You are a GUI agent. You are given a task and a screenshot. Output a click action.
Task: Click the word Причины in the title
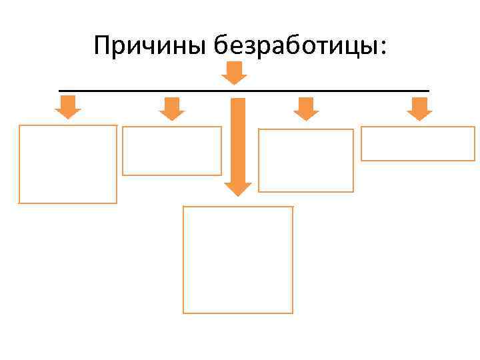(x=151, y=46)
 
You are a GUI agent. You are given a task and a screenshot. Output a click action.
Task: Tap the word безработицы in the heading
(x=294, y=46)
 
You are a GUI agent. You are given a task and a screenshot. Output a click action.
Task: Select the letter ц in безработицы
(x=353, y=48)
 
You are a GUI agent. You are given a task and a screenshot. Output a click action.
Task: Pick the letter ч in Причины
(x=155, y=48)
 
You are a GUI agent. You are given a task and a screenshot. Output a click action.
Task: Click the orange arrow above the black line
(x=233, y=73)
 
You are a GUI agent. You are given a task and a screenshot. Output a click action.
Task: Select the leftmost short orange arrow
(x=67, y=107)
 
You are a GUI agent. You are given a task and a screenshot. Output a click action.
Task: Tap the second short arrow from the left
(x=172, y=109)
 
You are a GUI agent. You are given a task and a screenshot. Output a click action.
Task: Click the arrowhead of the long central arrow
(x=237, y=188)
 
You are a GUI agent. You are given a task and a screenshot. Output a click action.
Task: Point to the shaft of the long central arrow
(x=237, y=140)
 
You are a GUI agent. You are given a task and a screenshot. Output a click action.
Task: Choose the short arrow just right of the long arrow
(x=306, y=109)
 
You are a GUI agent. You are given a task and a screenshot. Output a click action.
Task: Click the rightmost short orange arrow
(x=419, y=109)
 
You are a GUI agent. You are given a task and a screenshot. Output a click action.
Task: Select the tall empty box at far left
(x=67, y=164)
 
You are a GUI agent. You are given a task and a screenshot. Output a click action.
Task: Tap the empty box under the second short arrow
(x=172, y=151)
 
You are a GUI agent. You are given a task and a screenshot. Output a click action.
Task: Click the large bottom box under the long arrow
(x=238, y=259)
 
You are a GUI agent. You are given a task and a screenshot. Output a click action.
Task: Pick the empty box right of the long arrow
(x=306, y=160)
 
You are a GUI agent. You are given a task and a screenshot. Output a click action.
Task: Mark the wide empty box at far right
(x=418, y=143)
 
